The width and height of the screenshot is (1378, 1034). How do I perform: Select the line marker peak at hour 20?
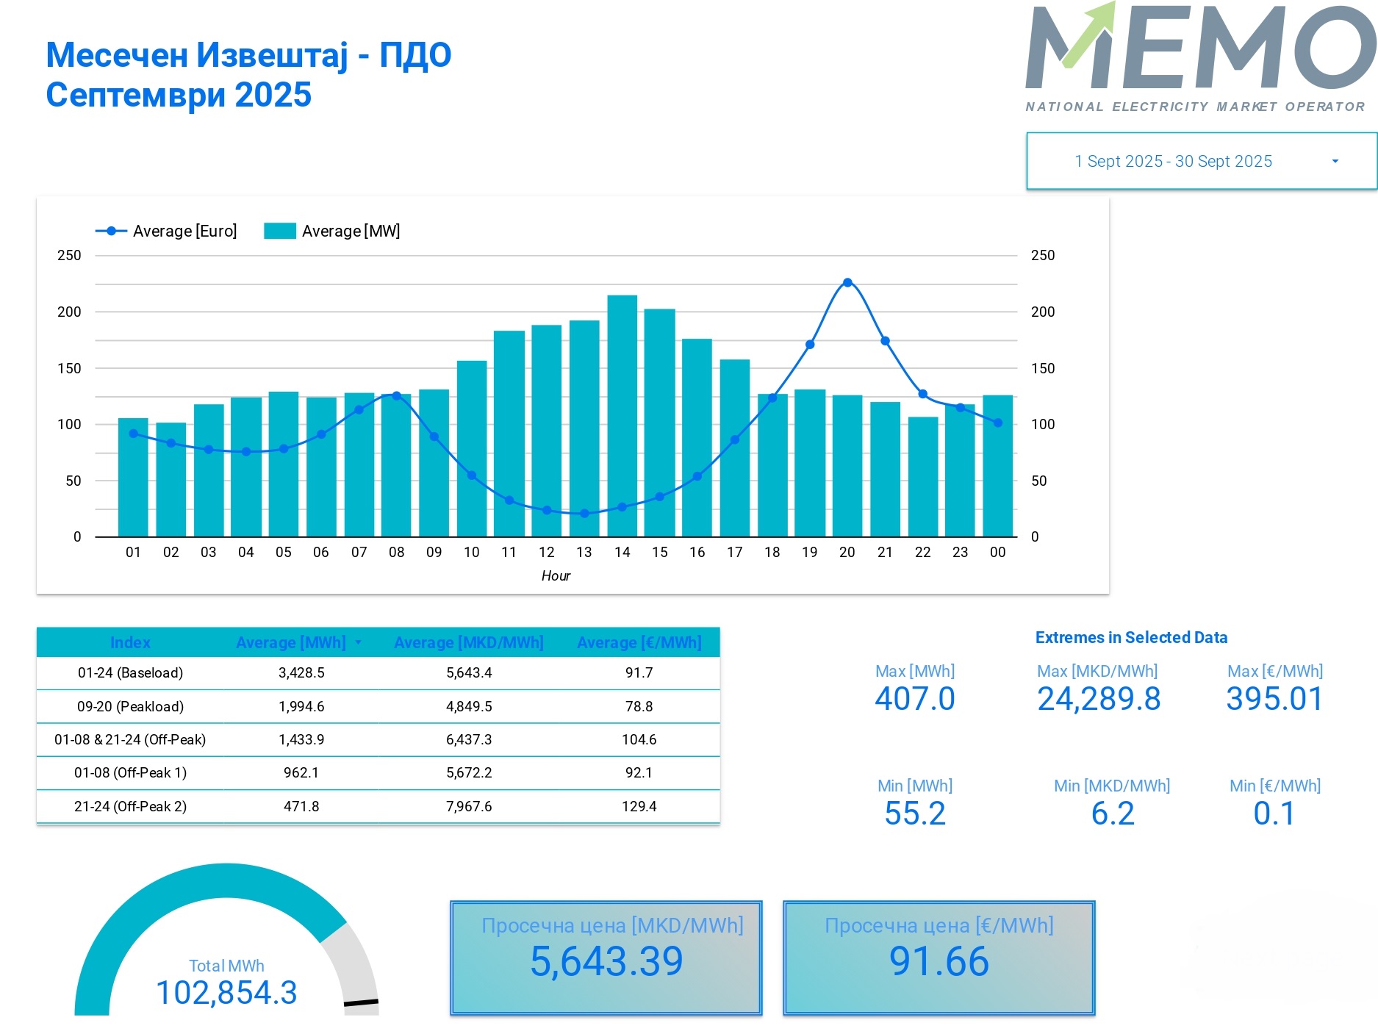tap(847, 283)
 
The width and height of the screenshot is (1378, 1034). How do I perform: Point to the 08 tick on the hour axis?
tap(396, 553)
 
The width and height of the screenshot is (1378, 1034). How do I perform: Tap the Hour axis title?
tap(556, 576)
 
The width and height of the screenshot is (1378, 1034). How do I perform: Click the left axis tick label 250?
tap(69, 256)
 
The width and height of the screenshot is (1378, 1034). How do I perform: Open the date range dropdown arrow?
tap(1335, 162)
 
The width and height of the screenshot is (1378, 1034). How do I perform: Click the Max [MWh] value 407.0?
tap(915, 699)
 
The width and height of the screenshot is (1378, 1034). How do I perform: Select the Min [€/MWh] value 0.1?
tap(1274, 814)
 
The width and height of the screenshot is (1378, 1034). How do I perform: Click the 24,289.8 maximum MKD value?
tap(1099, 699)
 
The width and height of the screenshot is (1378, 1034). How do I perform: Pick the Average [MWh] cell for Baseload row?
tap(301, 673)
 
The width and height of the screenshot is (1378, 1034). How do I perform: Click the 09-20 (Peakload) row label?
tap(130, 707)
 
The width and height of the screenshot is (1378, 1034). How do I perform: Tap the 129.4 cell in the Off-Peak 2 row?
tap(639, 807)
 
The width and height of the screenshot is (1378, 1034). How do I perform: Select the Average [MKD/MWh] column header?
tap(468, 643)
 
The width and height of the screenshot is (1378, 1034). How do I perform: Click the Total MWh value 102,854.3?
tap(226, 993)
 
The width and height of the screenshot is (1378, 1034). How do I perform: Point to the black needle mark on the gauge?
tap(361, 1002)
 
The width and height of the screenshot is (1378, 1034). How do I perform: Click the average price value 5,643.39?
tap(606, 962)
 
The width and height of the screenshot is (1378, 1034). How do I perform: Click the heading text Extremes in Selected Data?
tap(1131, 638)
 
